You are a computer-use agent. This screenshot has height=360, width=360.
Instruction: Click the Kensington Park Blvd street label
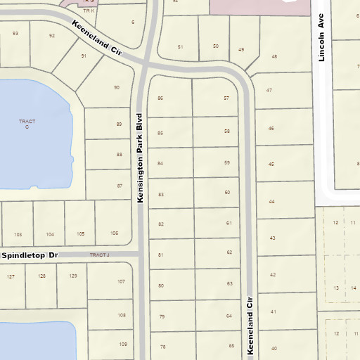pyautogui.click(x=141, y=159)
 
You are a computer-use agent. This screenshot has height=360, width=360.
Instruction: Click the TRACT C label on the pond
pyautogui.click(x=27, y=124)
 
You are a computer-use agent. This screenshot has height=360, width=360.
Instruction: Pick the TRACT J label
pyautogui.click(x=101, y=255)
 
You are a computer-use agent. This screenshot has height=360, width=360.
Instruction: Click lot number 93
pyautogui.click(x=15, y=33)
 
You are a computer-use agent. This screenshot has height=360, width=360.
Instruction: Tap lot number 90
pyautogui.click(x=117, y=87)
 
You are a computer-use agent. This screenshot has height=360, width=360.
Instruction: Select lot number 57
pyautogui.click(x=226, y=98)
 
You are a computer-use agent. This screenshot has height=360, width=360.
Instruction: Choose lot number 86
pyautogui.click(x=160, y=98)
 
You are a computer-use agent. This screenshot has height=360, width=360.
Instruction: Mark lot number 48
pyautogui.click(x=274, y=56)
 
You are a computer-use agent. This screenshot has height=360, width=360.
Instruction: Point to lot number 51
pyautogui.click(x=180, y=47)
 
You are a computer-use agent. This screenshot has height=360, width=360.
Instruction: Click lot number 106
pyautogui.click(x=114, y=233)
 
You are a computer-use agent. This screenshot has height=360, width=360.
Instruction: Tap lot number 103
pyautogui.click(x=18, y=234)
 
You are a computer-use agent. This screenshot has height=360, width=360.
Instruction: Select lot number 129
pyautogui.click(x=72, y=276)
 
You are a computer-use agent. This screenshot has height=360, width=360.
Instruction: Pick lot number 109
pyautogui.click(x=122, y=344)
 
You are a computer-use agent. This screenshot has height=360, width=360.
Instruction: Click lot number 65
pyautogui.click(x=231, y=346)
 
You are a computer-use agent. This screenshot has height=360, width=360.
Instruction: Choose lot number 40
pyautogui.click(x=274, y=349)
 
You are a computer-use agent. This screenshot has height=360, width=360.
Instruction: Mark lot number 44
pyautogui.click(x=271, y=202)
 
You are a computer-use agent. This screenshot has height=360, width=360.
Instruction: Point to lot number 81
pyautogui.click(x=161, y=254)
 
